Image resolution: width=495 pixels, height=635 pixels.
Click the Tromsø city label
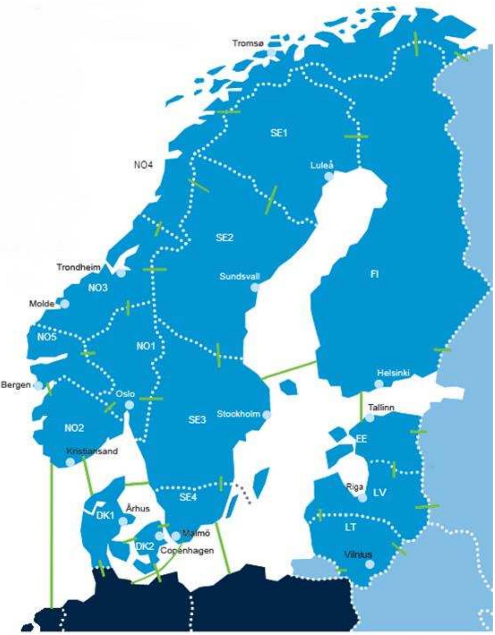(x=248, y=43)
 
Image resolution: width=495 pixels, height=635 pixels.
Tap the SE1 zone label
(x=279, y=133)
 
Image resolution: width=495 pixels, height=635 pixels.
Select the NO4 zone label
(x=143, y=165)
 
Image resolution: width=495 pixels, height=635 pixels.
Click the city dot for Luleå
(x=329, y=177)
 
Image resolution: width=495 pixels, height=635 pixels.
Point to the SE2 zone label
(x=224, y=238)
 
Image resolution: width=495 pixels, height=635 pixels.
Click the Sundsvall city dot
(x=255, y=288)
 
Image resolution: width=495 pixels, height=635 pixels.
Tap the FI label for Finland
(x=374, y=274)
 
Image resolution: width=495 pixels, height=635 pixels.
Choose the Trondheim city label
(x=78, y=267)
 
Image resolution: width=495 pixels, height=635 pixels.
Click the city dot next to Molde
(x=65, y=304)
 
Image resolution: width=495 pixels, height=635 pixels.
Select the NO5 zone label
(x=47, y=337)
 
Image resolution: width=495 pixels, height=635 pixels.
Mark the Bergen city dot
(x=38, y=385)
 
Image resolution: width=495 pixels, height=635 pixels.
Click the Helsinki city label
(x=393, y=373)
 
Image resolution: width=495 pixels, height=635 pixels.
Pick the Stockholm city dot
(x=266, y=414)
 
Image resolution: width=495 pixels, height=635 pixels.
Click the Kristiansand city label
(x=92, y=451)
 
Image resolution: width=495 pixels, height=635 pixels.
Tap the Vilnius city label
(x=358, y=554)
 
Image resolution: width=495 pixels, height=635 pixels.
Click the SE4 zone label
(x=188, y=497)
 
